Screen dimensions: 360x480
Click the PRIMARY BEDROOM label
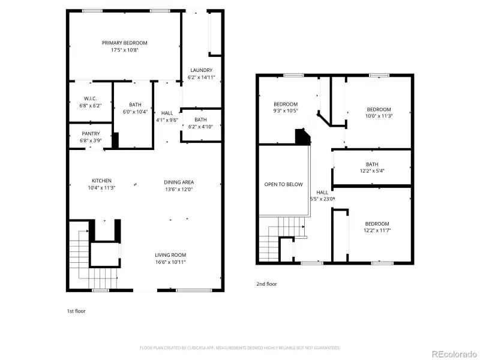pyautogui.click(x=124, y=43)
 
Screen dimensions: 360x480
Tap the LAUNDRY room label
pyautogui.click(x=201, y=70)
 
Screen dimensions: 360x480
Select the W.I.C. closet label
pyautogui.click(x=91, y=98)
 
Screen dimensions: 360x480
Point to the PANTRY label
pyautogui.click(x=91, y=133)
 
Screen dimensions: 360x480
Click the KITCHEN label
pyautogui.click(x=101, y=181)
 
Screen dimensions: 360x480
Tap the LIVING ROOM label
pyautogui.click(x=171, y=254)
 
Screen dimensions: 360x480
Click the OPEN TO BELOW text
pyautogui.click(x=283, y=184)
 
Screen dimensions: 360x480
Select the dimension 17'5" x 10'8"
pyautogui.click(x=124, y=50)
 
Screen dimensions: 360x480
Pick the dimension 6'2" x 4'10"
pyautogui.click(x=201, y=127)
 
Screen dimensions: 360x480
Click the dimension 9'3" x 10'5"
pyautogui.click(x=286, y=111)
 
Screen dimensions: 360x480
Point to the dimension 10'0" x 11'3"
pyautogui.click(x=379, y=116)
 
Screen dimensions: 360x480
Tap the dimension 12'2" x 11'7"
pyautogui.click(x=377, y=231)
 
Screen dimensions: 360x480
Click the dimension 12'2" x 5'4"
pyautogui.click(x=372, y=172)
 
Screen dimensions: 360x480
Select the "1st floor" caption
pyautogui.click(x=76, y=311)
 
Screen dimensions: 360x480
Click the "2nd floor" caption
pyautogui.click(x=266, y=284)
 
